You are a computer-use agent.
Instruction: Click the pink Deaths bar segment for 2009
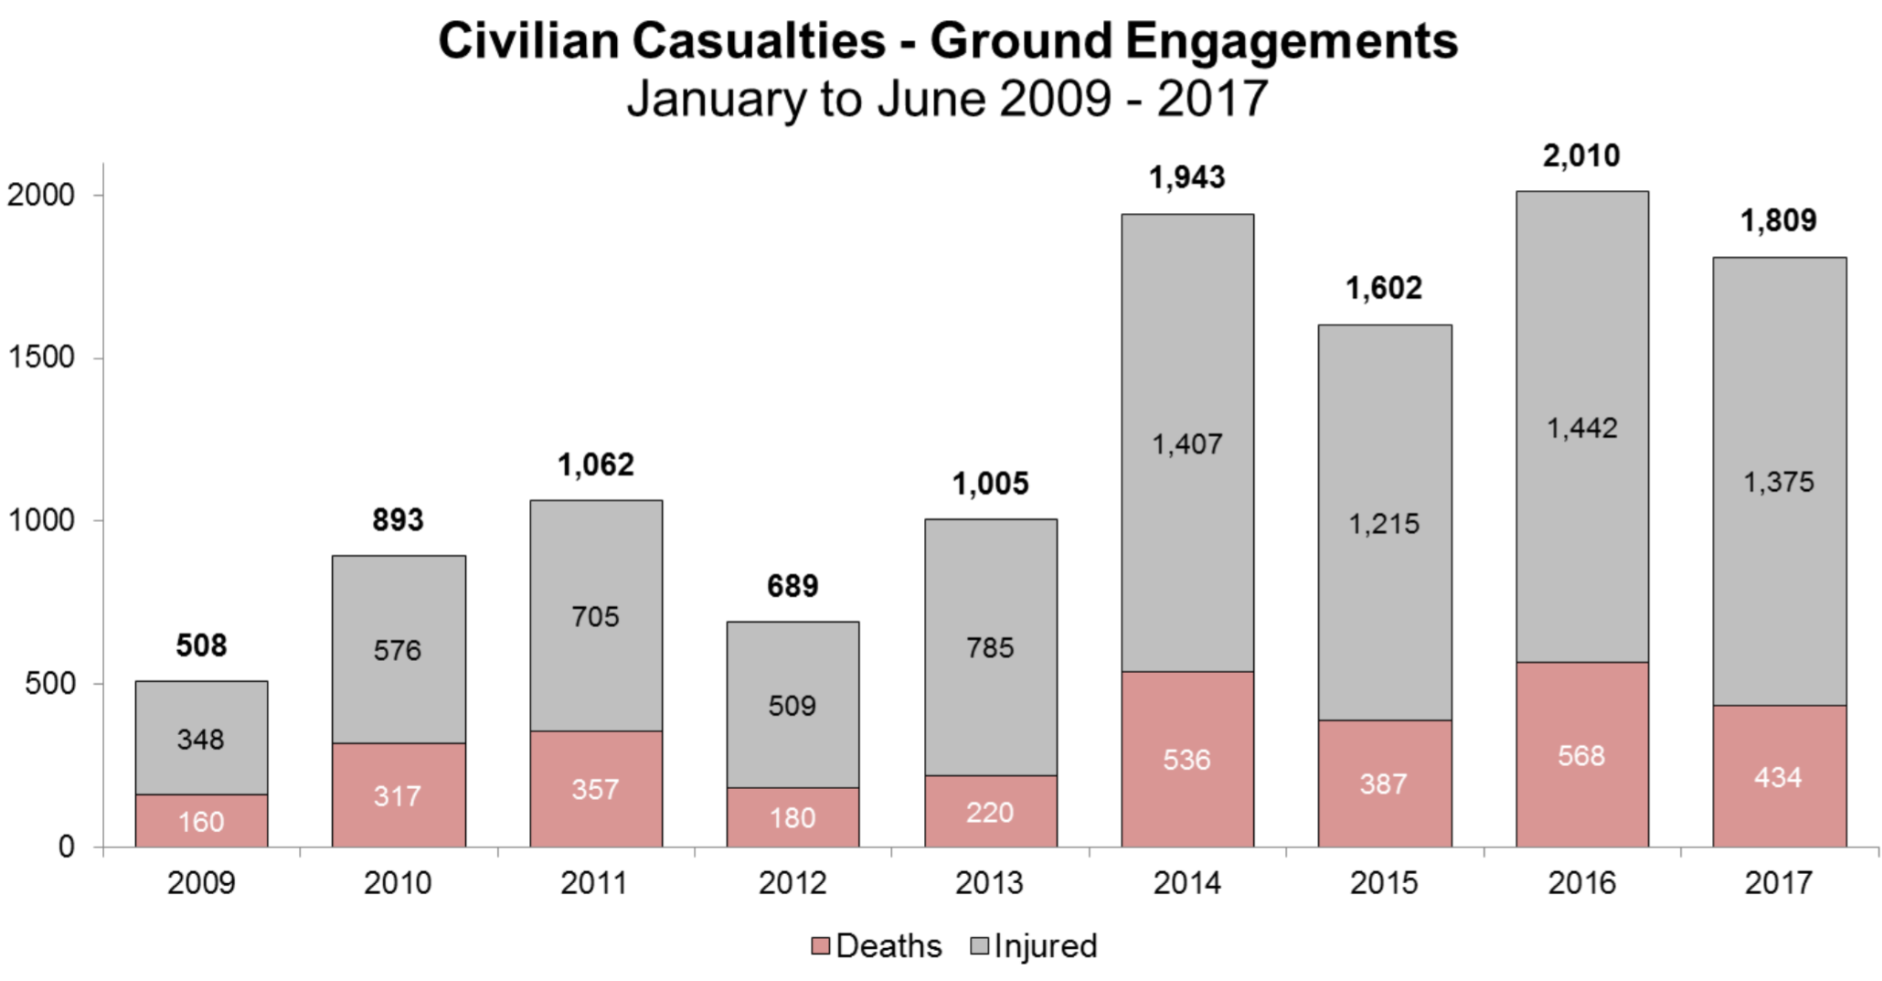[201, 820]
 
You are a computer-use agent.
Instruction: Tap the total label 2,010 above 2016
[1581, 156]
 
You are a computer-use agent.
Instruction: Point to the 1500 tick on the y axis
[42, 357]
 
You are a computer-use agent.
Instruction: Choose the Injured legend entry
[1034, 945]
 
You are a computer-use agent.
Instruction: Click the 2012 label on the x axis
[792, 882]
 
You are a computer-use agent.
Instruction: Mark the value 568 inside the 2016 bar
[1581, 756]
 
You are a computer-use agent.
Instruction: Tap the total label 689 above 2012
[792, 586]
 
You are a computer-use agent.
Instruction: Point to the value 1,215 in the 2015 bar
[1384, 524]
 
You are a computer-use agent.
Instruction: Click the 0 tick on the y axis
[66, 847]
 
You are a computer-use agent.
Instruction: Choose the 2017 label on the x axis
[1779, 882]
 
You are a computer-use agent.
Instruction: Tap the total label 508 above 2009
[201, 645]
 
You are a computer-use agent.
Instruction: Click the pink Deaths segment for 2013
[990, 811]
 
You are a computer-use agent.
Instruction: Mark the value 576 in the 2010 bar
[398, 650]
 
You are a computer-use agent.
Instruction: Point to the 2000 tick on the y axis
[42, 195]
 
